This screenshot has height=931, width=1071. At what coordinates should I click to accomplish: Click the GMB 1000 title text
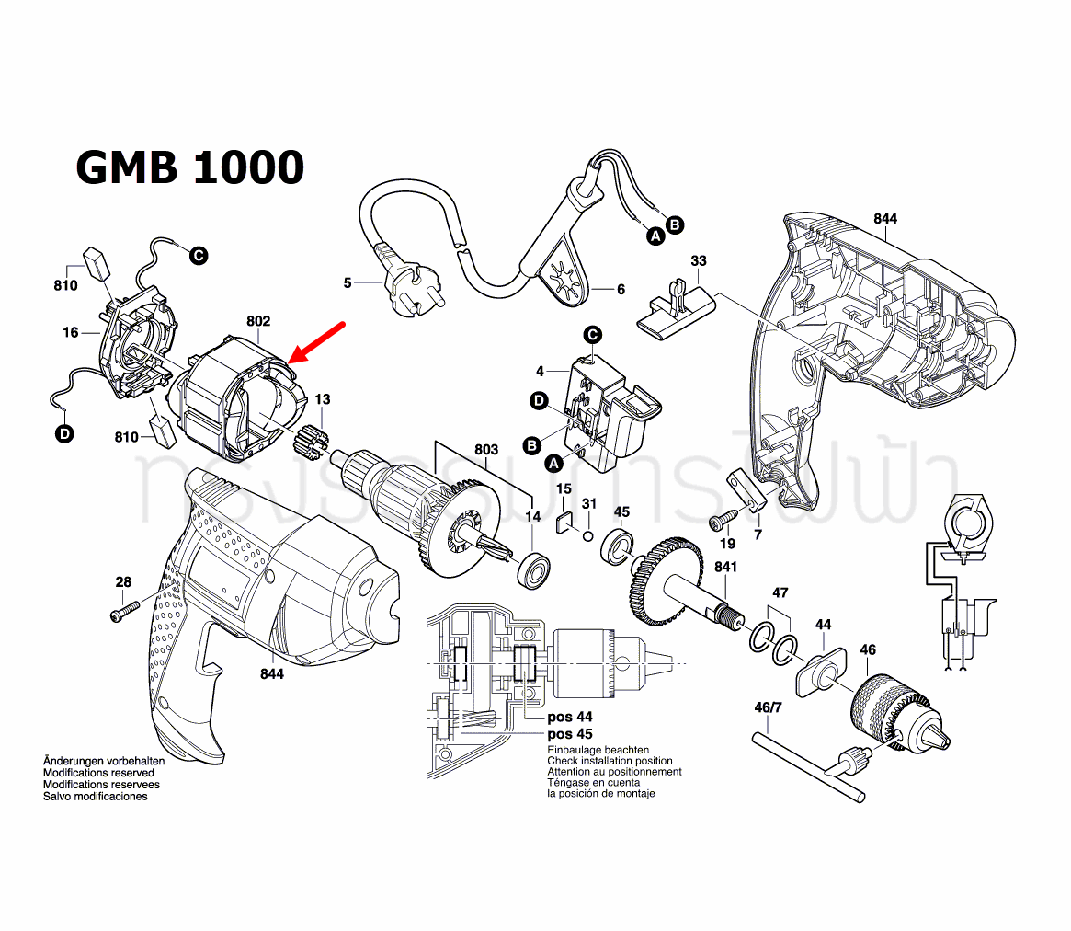point(189,168)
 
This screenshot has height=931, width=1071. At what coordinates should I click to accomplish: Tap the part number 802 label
point(258,321)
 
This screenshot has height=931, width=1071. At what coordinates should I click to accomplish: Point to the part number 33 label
point(699,261)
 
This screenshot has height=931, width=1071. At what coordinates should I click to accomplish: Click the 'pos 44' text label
point(570,717)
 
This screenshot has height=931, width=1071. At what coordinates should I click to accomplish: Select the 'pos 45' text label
point(570,734)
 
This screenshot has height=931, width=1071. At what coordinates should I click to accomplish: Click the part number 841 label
point(725,568)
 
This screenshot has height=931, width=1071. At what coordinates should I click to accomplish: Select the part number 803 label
point(486,450)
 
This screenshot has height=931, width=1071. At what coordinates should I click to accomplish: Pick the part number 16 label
point(71,332)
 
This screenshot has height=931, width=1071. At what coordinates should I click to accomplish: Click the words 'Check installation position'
point(610,761)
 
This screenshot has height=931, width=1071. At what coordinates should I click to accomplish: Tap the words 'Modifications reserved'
point(98,774)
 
